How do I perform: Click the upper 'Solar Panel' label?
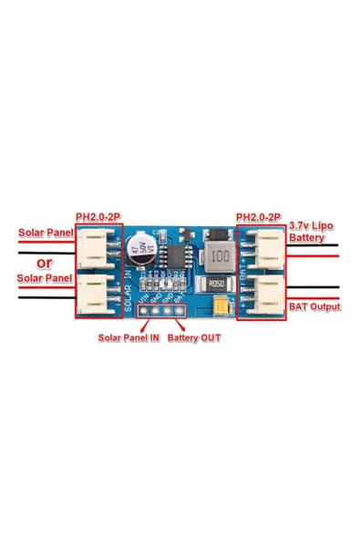tap(46, 234)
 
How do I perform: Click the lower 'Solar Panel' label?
tap(45, 276)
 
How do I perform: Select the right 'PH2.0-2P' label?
tap(258, 217)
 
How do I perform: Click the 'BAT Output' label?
tap(314, 306)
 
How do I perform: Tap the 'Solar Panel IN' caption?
tap(129, 337)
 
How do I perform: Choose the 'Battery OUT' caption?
tap(194, 337)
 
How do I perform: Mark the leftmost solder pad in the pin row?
tap(143, 310)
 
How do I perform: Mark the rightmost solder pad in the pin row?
tap(181, 310)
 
